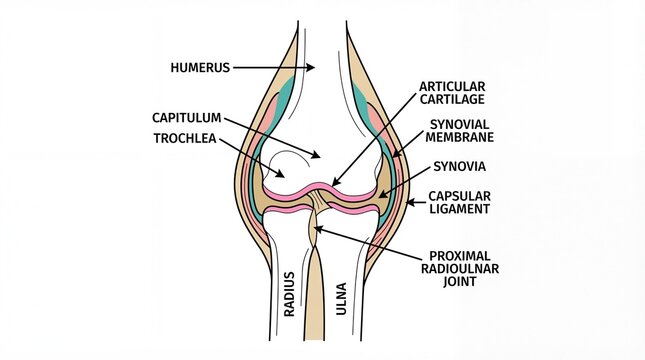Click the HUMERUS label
[201, 68]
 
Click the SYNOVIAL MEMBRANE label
[459, 131]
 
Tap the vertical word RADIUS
[289, 292]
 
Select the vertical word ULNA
[342, 296]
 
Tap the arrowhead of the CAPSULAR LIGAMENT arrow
[407, 204]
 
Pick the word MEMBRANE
[460, 138]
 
